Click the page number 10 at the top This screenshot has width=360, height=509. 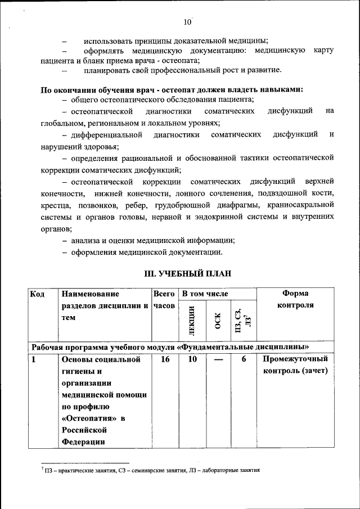coord(187,22)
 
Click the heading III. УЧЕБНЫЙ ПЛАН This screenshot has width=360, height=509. coord(188,273)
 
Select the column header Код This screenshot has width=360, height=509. coord(38,294)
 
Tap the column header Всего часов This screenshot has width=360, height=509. coord(164,299)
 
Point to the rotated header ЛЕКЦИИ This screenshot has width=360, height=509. coord(192,318)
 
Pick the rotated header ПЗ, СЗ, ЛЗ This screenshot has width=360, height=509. coord(244,318)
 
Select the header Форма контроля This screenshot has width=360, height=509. coord(295,299)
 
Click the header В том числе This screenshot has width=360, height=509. coord(205,294)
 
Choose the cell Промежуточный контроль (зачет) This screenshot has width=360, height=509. coord(295,365)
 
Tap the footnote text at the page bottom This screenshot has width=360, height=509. coord(151,470)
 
